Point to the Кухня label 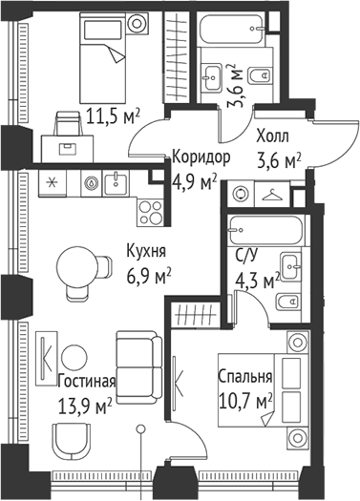coord(146,253)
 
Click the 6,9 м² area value coord(148,275)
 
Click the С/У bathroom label coord(247,256)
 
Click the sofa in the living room coord(137,364)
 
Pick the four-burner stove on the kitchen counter coord(148,206)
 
